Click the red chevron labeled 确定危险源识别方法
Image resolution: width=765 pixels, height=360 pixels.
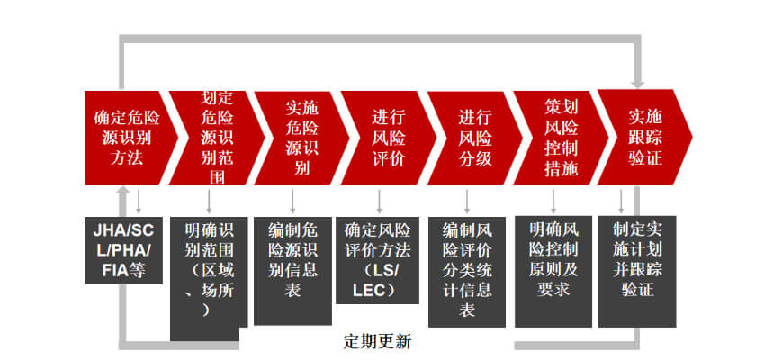(x=127, y=138)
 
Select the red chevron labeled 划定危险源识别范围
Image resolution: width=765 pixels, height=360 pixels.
(x=217, y=138)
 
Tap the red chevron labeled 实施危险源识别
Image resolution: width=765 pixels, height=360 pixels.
(x=301, y=138)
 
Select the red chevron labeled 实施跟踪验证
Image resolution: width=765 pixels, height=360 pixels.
(x=645, y=138)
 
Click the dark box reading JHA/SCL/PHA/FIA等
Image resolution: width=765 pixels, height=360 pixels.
(x=123, y=250)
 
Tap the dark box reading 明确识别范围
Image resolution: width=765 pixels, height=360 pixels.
(x=209, y=278)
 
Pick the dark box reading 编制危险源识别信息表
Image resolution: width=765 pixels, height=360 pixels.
(x=292, y=271)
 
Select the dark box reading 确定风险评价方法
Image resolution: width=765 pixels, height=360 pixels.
(x=377, y=260)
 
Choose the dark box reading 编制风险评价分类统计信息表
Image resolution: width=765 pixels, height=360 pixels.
(x=467, y=272)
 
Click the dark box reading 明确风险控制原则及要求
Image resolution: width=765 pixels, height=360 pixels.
(x=553, y=272)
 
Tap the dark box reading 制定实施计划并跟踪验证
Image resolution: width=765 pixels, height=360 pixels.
(x=637, y=272)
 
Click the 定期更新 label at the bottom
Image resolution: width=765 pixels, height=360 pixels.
(x=377, y=341)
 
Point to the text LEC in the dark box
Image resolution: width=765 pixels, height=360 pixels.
(x=370, y=289)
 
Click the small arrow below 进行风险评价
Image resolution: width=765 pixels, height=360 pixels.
(x=379, y=202)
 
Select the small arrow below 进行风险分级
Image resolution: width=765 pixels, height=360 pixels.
(x=467, y=202)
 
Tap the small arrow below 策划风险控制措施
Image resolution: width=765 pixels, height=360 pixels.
(x=553, y=202)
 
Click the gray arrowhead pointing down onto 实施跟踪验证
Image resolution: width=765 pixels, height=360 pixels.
(x=637, y=84)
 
